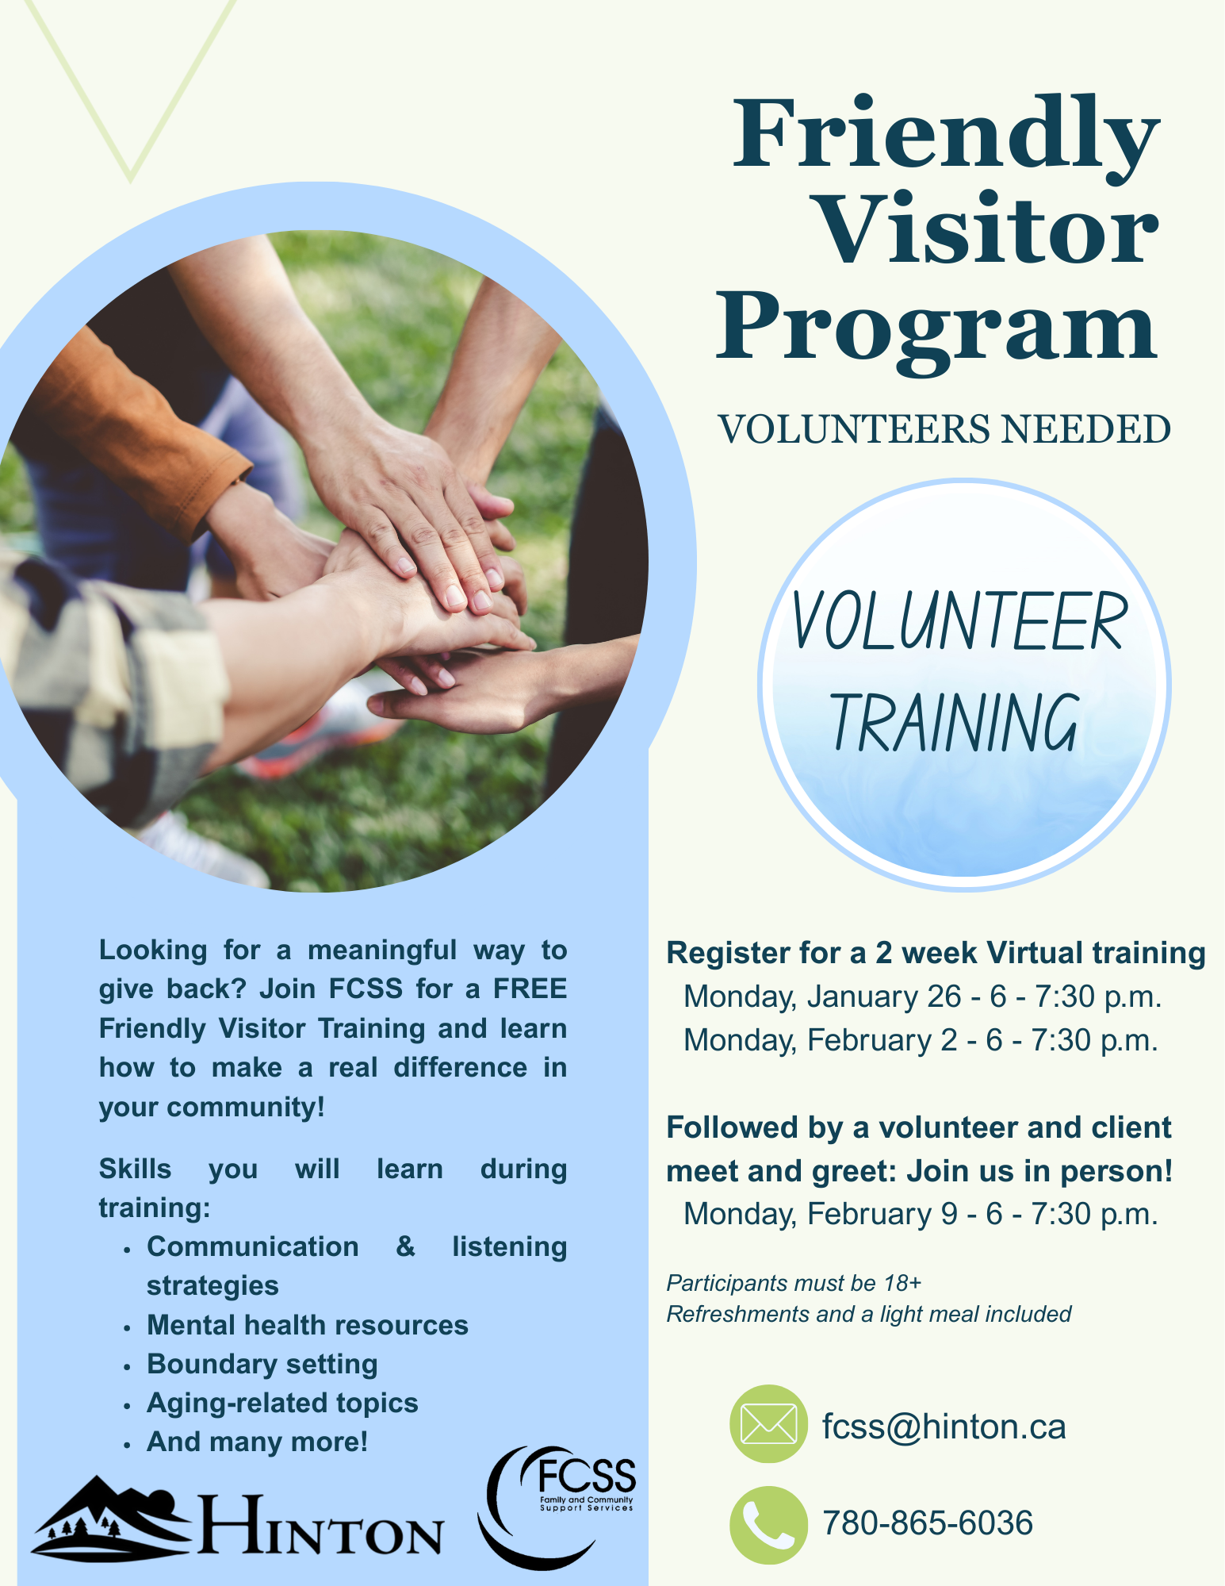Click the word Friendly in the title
945,135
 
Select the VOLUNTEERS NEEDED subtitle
944,430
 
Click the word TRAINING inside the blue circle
955,722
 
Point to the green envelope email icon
768,1424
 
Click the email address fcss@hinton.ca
944,1427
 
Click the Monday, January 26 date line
922,997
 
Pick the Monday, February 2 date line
921,1040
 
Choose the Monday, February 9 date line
921,1214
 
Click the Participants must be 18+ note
794,1283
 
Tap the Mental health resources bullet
307,1325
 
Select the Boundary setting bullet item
262,1364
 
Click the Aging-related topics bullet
282,1403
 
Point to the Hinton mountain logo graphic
111,1515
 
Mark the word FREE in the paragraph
530,989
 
